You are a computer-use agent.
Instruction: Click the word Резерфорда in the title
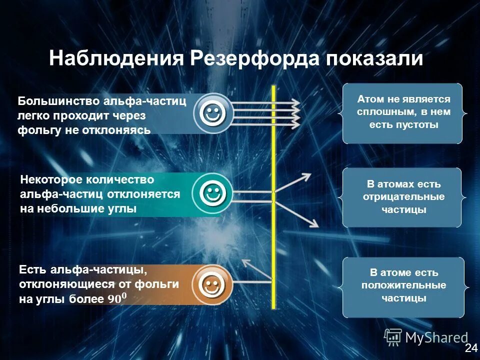pyautogui.click(x=256, y=59)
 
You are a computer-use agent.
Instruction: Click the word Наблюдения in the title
pyautogui.click(x=117, y=59)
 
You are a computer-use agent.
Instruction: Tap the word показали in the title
pyautogui.click(x=375, y=59)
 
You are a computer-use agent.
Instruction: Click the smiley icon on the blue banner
pyautogui.click(x=212, y=113)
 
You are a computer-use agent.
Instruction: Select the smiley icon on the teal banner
pyautogui.click(x=212, y=193)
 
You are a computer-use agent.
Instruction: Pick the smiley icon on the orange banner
pyautogui.click(x=212, y=285)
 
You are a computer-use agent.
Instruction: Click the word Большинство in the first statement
pyautogui.click(x=58, y=101)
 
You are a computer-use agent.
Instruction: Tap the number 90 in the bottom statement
pyautogui.click(x=114, y=299)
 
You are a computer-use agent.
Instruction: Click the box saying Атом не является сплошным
pyautogui.click(x=403, y=113)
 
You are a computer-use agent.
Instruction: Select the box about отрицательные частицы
pyautogui.click(x=403, y=197)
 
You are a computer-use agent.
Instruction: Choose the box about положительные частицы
pyautogui.click(x=403, y=286)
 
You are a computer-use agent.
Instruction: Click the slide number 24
pyautogui.click(x=470, y=348)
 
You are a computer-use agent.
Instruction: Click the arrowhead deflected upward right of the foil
pyautogui.click(x=306, y=176)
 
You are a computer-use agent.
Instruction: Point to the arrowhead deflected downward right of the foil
pyautogui.click(x=314, y=223)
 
